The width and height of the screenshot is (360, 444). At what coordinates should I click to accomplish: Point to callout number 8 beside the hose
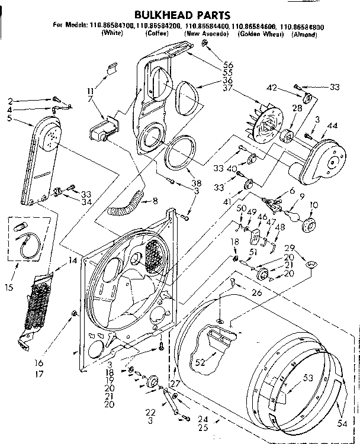coord(155,201)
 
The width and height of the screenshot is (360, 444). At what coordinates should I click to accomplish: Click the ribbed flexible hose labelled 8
coord(127,204)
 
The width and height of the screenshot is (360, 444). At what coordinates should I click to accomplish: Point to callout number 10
coord(314,205)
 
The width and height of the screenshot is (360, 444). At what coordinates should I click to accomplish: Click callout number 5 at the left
coord(9,117)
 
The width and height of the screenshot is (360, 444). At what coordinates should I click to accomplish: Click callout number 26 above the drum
coord(257,292)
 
